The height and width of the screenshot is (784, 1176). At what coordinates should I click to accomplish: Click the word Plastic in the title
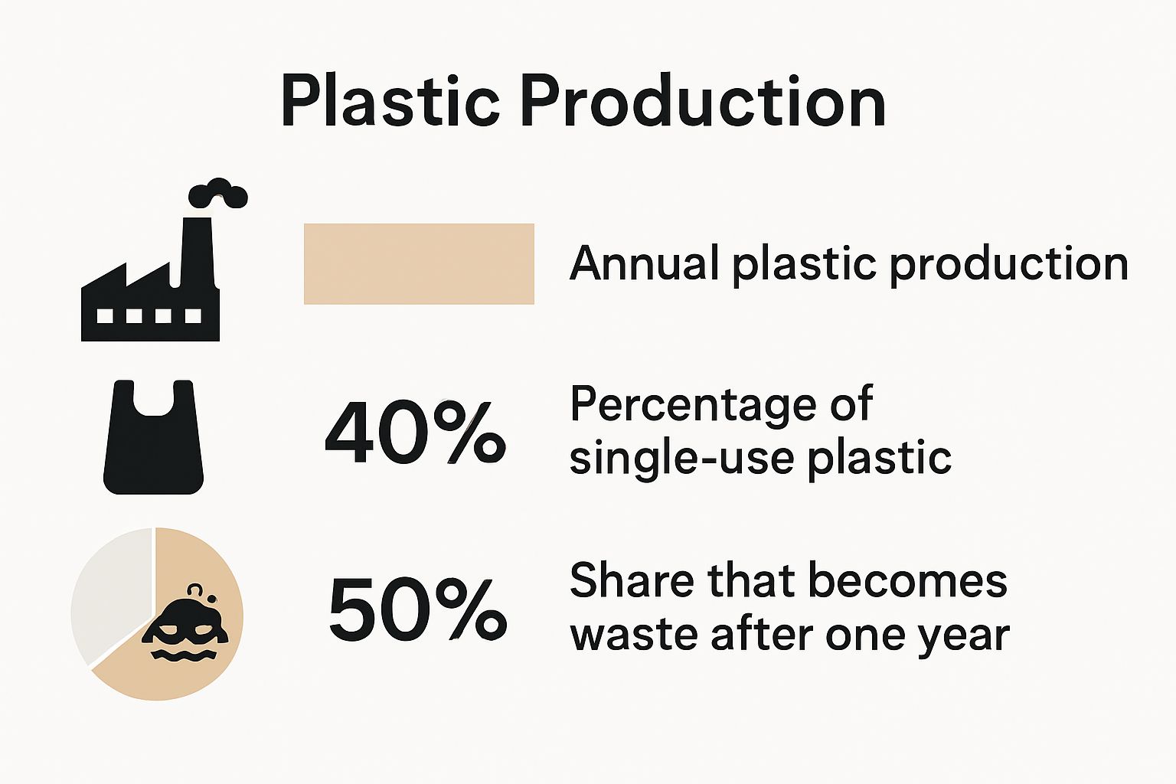390,102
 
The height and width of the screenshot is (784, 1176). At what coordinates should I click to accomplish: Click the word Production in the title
703,102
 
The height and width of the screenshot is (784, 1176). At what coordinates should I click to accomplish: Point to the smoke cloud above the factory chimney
219,193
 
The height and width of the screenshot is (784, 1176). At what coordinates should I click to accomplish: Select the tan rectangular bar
419,264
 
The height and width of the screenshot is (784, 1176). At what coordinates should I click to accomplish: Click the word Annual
645,263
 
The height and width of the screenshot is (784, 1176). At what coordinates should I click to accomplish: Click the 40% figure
414,434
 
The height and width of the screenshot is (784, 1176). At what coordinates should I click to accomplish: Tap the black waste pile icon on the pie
186,628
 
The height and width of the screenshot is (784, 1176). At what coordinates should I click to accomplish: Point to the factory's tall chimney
194,249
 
